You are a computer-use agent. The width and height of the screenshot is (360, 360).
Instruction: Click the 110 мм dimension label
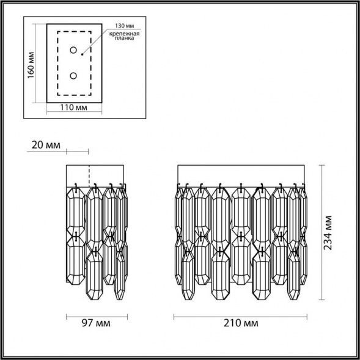pyautogui.click(x=74, y=108)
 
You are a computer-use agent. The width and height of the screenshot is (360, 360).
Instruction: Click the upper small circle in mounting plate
pyautogui.click(x=73, y=50)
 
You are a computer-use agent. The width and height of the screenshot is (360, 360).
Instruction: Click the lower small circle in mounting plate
pyautogui.click(x=73, y=76)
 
